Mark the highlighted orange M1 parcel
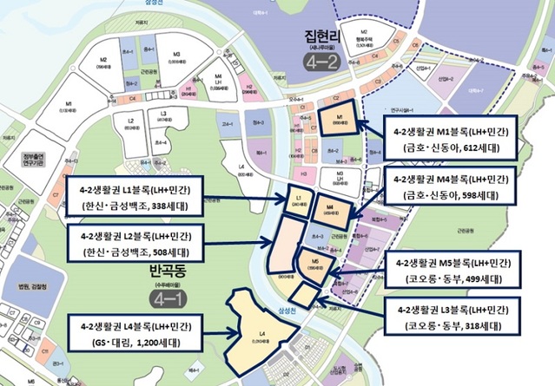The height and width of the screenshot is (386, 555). click(x=336, y=120)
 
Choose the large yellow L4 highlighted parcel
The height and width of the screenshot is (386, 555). click(x=261, y=330)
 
